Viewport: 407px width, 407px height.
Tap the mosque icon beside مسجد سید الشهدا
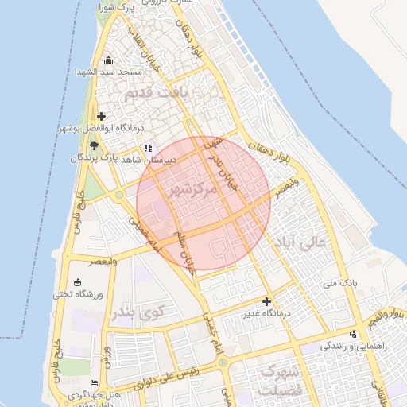(x=109, y=60)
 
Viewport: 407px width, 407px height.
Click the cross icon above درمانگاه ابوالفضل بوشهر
(x=101, y=116)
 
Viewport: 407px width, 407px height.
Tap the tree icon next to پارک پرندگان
(x=94, y=145)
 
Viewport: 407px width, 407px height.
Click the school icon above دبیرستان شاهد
(x=147, y=148)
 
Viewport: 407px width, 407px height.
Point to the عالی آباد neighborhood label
(x=299, y=242)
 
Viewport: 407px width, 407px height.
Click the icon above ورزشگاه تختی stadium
(x=77, y=282)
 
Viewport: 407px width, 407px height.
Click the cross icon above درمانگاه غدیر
(x=266, y=301)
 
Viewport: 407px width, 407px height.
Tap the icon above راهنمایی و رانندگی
(x=353, y=334)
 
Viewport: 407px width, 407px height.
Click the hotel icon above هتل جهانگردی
(x=95, y=382)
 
